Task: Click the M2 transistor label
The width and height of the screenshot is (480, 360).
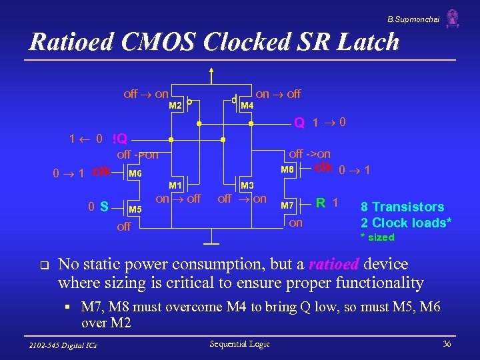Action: (x=175, y=106)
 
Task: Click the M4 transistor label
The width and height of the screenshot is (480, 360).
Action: (x=247, y=106)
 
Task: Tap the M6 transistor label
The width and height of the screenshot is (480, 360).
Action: (x=135, y=174)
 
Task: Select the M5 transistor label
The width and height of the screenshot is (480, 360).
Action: (x=135, y=209)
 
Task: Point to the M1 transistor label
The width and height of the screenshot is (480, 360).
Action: (x=175, y=185)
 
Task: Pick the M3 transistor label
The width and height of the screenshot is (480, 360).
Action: (x=247, y=185)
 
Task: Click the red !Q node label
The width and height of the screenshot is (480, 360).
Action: (x=124, y=140)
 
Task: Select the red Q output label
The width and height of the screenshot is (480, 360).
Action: (x=300, y=123)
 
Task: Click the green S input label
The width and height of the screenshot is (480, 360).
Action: (x=104, y=207)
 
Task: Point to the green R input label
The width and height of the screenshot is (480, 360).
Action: (x=321, y=202)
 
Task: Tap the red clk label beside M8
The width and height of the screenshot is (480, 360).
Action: (x=323, y=167)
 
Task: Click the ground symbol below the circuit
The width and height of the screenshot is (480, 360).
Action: (x=212, y=239)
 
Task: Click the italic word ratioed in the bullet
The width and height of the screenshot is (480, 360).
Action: (x=335, y=264)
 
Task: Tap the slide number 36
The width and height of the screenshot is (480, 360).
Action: (x=446, y=343)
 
